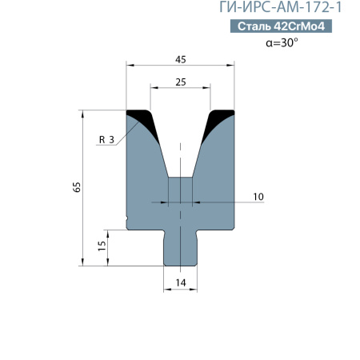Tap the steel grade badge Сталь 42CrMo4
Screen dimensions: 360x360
pyautogui.click(x=282, y=26)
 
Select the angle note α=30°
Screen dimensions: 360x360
pyautogui.click(x=281, y=43)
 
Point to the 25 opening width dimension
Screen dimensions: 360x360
pyautogui.click(x=180, y=82)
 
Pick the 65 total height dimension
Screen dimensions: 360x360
pyautogui.click(x=77, y=186)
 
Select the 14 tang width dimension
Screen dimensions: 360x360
pyautogui.click(x=180, y=282)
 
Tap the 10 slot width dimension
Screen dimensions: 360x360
pyautogui.click(x=258, y=196)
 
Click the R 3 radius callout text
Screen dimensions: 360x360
pyautogui.click(x=106, y=140)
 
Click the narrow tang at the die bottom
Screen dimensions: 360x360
pyautogui.click(x=180, y=248)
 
